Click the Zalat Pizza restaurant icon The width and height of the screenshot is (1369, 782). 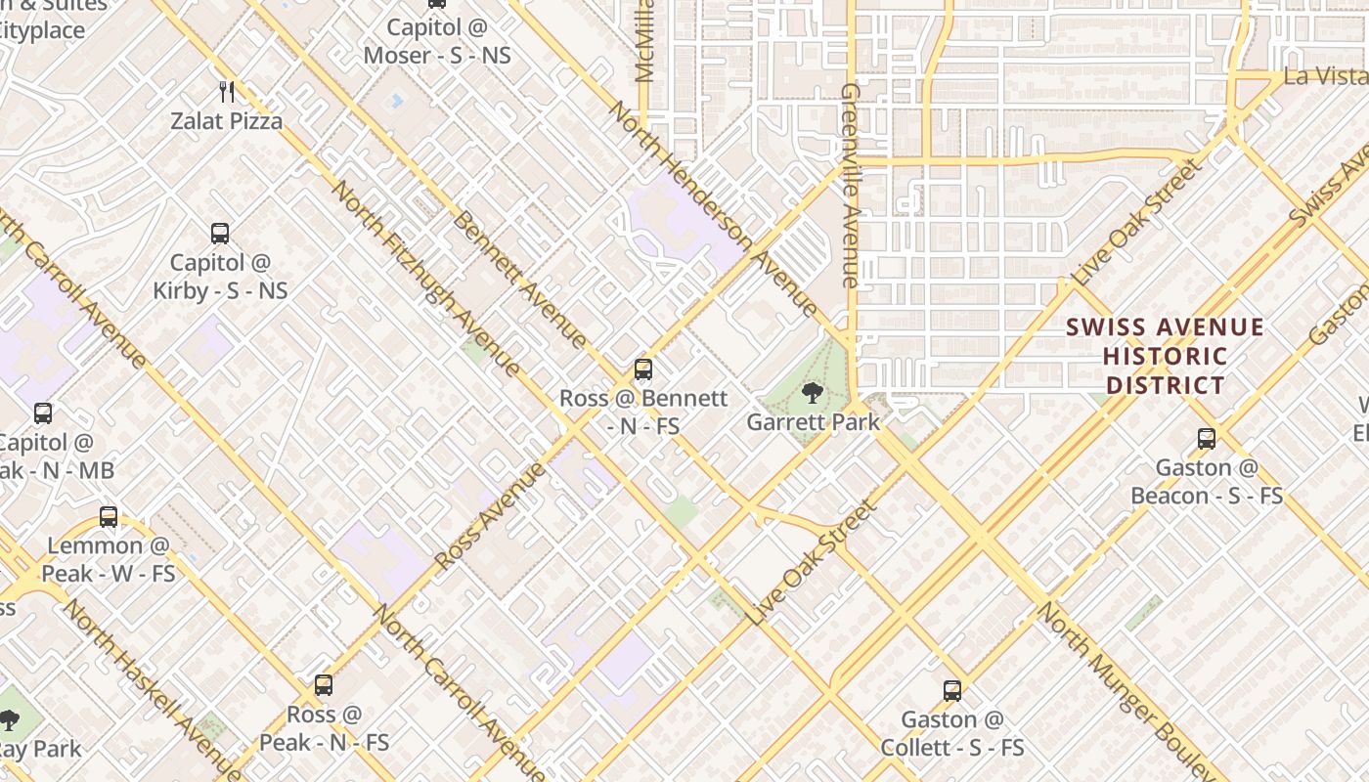[227, 92]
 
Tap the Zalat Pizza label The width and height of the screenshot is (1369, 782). [227, 121]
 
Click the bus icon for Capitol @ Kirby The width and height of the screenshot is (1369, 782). [220, 234]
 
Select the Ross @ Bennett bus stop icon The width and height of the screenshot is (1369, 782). [643, 369]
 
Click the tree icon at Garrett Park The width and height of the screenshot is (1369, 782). [812, 394]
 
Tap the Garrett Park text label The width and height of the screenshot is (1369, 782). [814, 422]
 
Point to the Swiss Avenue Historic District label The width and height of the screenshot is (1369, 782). [1165, 356]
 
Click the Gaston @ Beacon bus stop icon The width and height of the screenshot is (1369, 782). [1207, 439]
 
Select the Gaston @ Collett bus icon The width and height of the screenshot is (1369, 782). [952, 691]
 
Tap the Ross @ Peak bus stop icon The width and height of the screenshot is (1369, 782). [324, 685]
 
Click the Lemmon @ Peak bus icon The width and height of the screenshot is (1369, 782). [109, 517]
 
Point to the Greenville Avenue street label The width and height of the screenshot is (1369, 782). [849, 186]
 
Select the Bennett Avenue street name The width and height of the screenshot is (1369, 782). [519, 280]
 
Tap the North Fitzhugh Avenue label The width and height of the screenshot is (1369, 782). [426, 279]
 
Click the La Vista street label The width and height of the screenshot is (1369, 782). [1326, 75]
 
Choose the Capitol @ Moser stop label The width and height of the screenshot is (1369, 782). [437, 41]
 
